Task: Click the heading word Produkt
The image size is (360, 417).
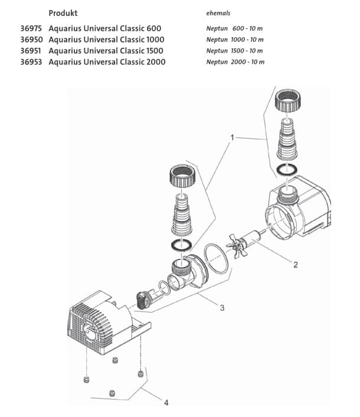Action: pos(63,13)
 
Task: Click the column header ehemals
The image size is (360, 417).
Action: pos(218,13)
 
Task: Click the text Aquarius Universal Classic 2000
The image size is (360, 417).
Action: pos(107,62)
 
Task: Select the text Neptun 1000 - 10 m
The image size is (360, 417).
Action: pos(235,40)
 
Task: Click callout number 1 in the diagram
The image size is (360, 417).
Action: pos(232,137)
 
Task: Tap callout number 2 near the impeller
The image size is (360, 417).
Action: pos(295,264)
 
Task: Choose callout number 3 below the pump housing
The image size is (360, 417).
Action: pos(222,307)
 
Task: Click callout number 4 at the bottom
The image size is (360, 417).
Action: pos(166,403)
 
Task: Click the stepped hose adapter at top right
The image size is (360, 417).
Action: pos(289,140)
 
